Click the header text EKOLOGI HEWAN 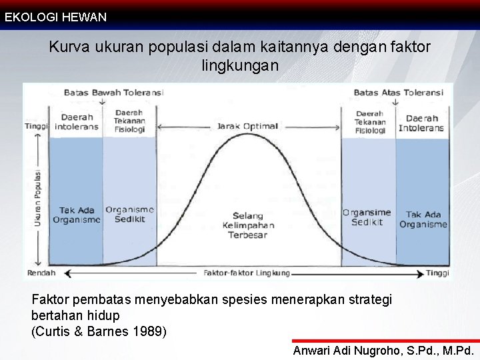55,17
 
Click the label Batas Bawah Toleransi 113,93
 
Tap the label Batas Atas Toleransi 398,93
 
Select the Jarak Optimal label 247,127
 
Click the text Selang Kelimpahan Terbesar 247,225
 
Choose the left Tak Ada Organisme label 77,215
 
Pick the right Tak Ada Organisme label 423,219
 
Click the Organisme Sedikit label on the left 129,214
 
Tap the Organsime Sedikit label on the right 367,217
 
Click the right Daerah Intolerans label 421,123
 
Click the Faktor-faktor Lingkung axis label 246,273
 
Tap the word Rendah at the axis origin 41,273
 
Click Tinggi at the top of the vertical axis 37,126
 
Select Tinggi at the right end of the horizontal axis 437,273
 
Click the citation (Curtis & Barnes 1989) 99,330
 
